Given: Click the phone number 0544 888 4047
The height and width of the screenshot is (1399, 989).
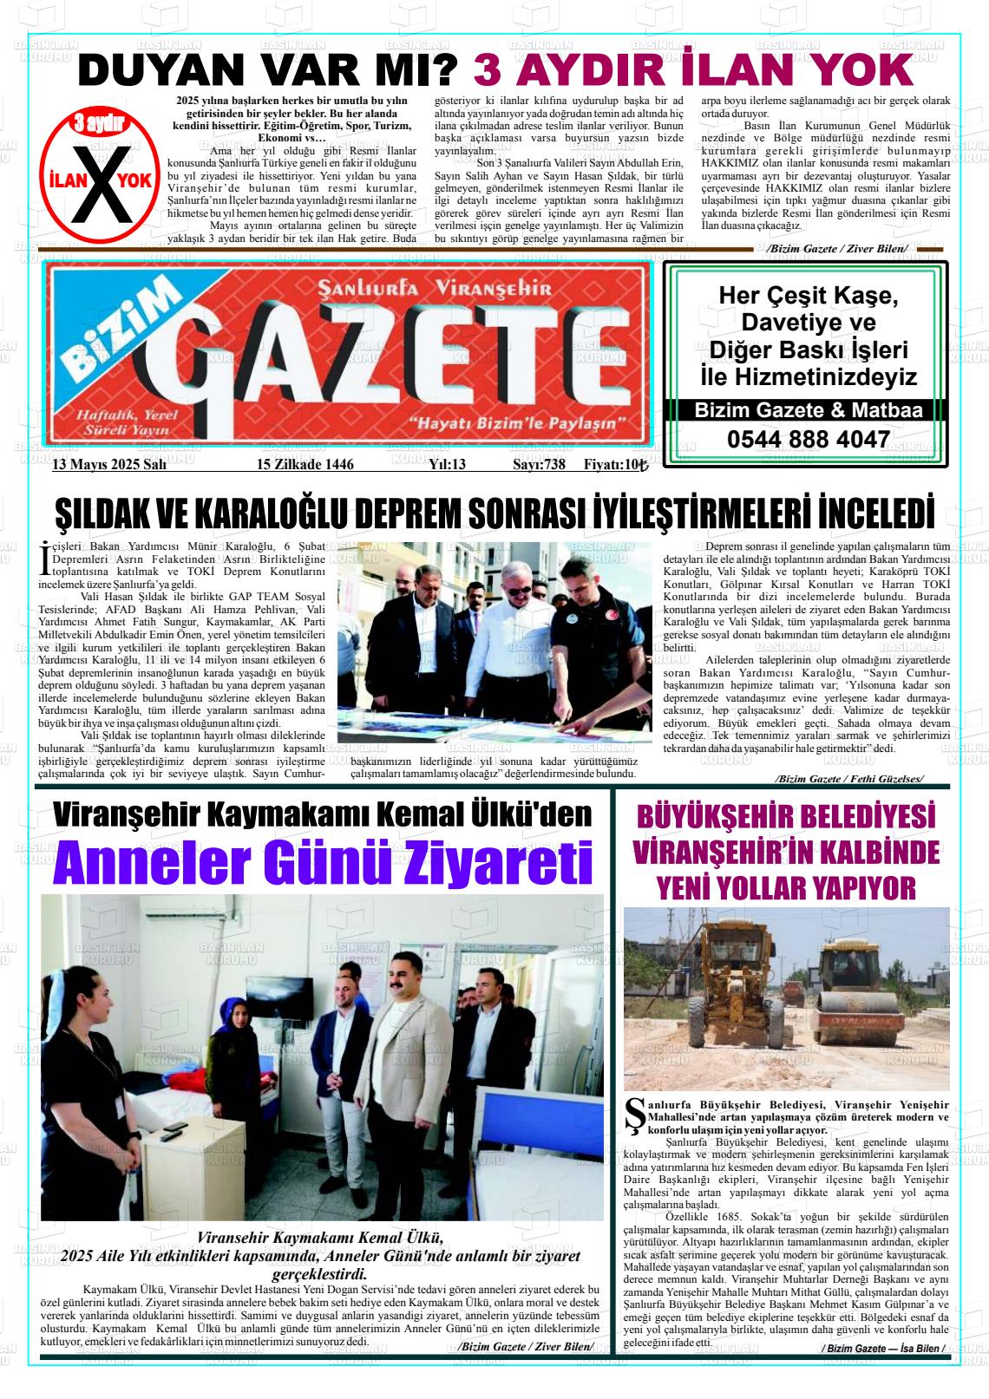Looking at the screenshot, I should click(x=808, y=439).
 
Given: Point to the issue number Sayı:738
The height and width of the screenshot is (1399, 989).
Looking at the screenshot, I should click(x=539, y=465).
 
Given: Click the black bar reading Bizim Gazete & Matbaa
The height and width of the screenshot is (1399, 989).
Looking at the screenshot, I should click(x=808, y=410).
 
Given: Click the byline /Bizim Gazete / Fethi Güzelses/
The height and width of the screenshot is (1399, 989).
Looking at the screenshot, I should click(x=849, y=779).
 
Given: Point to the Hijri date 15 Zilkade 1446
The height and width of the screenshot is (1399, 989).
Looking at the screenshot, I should click(x=305, y=465).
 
